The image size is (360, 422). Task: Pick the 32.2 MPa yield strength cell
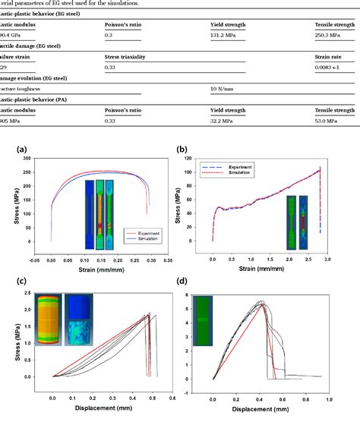pyautogui.click(x=225, y=120)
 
